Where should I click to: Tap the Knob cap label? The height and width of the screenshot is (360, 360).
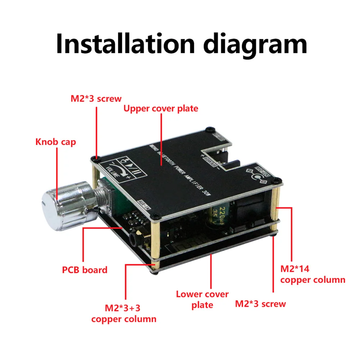coord(56,142)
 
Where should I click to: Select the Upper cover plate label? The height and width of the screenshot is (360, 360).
coord(161,108)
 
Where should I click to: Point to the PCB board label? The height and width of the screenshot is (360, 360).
coord(85,270)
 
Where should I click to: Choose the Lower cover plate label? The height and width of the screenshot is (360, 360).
coord(202,299)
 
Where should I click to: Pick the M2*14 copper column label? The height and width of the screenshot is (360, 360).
coord(313,274)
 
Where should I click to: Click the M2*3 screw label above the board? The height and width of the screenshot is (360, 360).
coord(96,98)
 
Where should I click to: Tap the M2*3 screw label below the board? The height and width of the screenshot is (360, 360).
coord(260,304)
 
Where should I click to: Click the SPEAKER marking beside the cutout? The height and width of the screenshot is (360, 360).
coord(208,155)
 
